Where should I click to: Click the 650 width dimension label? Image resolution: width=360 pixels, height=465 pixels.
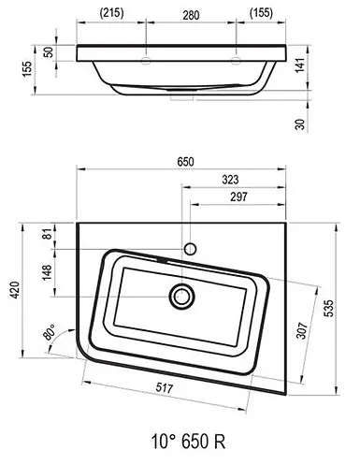(185, 162)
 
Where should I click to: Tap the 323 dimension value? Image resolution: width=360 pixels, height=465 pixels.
(230, 180)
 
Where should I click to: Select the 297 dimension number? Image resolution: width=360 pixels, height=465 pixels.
(238, 196)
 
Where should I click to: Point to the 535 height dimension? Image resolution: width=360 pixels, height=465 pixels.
(328, 308)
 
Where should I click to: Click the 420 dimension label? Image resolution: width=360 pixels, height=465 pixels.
(15, 290)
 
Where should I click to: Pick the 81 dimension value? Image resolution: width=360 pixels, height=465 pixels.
(47, 234)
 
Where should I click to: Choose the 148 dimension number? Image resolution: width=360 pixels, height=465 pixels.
(47, 272)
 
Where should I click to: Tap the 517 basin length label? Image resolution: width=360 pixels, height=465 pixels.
(165, 387)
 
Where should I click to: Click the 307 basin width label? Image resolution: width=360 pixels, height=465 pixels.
(302, 330)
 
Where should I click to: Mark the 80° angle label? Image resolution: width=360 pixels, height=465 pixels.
(50, 332)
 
